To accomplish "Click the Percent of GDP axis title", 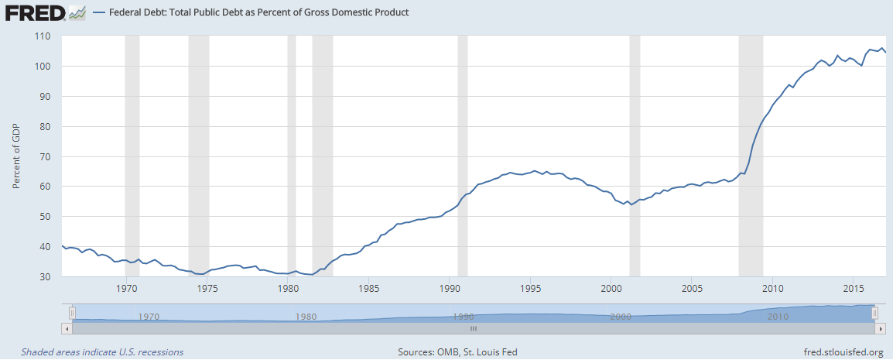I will [16, 156].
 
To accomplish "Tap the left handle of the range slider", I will [72, 313].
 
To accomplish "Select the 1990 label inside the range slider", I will [464, 317].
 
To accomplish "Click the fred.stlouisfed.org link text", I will [843, 352].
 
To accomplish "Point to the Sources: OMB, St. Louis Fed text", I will [457, 352].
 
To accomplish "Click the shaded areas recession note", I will [102, 352].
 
